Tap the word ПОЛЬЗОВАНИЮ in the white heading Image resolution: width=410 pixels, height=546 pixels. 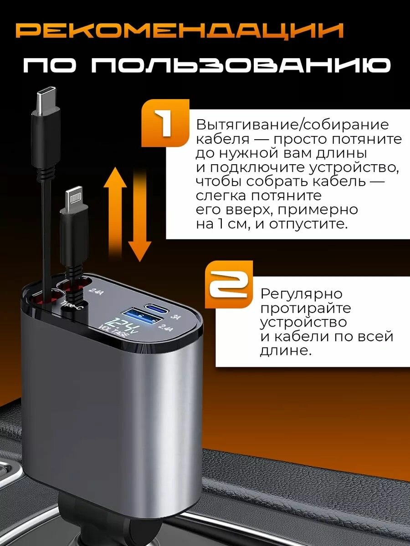point(241,66)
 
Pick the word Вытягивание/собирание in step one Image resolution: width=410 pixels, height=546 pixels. point(293,125)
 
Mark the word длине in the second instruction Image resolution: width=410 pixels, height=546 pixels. point(286,351)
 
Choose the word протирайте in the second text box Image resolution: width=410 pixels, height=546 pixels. point(306,308)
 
